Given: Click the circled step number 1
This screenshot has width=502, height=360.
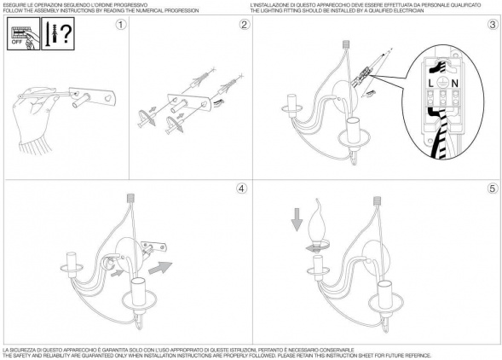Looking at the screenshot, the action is pyautogui.click(x=121, y=25).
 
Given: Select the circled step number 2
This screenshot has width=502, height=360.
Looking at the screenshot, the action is pyautogui.click(x=245, y=25).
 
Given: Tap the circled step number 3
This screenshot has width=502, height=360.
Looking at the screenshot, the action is pyautogui.click(x=493, y=25).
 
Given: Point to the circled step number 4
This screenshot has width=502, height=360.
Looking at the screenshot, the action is pyautogui.click(x=242, y=189).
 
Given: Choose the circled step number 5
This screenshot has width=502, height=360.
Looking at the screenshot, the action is pyautogui.click(x=493, y=189).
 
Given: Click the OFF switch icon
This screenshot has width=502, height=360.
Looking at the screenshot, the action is pyautogui.click(x=23, y=33).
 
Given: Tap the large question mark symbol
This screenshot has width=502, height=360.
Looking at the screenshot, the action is pyautogui.click(x=66, y=33).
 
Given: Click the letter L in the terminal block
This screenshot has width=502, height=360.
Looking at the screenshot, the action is pyautogui.click(x=431, y=84).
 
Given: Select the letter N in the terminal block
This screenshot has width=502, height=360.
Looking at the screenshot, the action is pyautogui.click(x=454, y=84).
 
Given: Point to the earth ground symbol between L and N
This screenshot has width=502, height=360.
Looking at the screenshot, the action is pyautogui.click(x=442, y=83).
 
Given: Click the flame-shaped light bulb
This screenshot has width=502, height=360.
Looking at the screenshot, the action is pyautogui.click(x=316, y=226).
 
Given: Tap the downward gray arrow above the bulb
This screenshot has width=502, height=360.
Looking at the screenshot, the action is pyautogui.click(x=297, y=219).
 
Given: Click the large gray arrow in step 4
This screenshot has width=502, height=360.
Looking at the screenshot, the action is pyautogui.click(x=160, y=268).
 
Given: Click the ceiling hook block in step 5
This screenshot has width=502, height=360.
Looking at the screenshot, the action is pyautogui.click(x=378, y=200).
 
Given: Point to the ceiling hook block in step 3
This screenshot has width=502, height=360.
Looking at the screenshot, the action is pyautogui.click(x=345, y=44).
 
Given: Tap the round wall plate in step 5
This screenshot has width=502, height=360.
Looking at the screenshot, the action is pyautogui.click(x=377, y=259).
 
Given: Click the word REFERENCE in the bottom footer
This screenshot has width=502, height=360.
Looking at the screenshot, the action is pyautogui.click(x=417, y=356).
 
